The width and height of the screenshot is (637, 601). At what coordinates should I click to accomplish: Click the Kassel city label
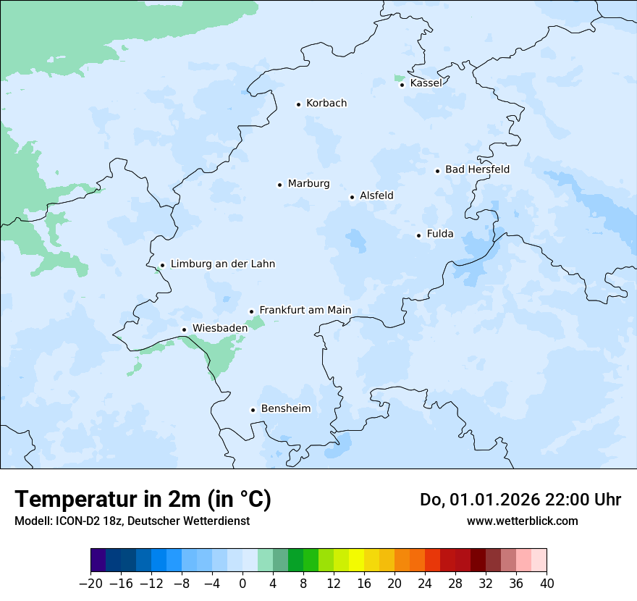click(x=426, y=83)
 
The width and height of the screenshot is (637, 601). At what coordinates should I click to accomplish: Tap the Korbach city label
click(x=326, y=104)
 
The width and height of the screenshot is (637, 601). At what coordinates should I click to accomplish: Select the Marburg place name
click(x=308, y=184)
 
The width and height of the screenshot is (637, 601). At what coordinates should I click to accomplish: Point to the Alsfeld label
click(x=376, y=196)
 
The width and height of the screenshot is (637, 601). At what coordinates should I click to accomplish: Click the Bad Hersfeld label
click(x=477, y=169)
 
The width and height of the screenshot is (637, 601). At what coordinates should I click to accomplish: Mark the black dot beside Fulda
click(x=418, y=235)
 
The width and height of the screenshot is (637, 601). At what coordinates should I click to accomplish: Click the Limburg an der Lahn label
click(x=222, y=264)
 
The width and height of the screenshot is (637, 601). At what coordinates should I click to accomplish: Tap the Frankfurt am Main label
click(x=305, y=311)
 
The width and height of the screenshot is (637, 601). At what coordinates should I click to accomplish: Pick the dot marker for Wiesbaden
click(x=185, y=329)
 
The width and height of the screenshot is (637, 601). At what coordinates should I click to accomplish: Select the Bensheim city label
click(x=285, y=409)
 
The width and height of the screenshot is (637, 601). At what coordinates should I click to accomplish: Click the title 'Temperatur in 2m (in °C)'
click(x=143, y=500)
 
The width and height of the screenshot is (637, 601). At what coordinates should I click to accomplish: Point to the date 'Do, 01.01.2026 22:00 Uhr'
click(x=520, y=500)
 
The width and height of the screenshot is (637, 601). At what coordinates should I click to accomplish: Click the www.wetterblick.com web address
click(x=522, y=521)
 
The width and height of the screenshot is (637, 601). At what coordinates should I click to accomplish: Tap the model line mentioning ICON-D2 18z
click(x=132, y=521)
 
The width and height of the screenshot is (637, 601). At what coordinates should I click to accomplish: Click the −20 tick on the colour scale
click(x=90, y=584)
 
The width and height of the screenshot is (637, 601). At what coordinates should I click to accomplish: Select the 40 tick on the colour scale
click(x=547, y=584)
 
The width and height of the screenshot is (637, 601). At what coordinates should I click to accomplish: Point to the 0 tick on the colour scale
click(x=242, y=584)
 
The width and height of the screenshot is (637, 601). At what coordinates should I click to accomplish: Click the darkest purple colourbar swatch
click(x=98, y=560)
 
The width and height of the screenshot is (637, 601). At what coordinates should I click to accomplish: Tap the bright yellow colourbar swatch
click(x=356, y=560)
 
